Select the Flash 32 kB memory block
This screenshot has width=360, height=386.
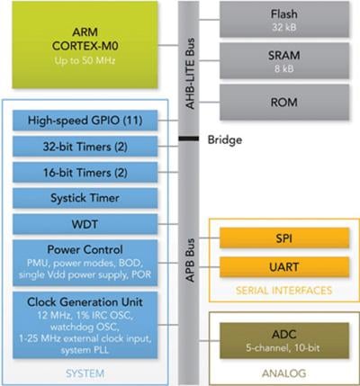click(x=283, y=20)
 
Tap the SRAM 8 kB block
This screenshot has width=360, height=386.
click(x=283, y=60)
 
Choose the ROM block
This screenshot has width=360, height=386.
click(x=283, y=102)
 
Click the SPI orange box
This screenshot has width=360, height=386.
click(x=283, y=238)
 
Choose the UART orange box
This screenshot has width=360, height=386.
click(x=283, y=266)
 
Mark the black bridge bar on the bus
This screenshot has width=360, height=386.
click(x=188, y=139)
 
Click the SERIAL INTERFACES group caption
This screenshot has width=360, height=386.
click(x=283, y=290)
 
